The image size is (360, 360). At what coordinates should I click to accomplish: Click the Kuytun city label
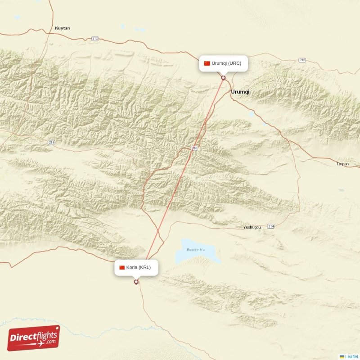tap(62, 28)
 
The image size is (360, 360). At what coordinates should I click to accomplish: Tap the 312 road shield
tap(94, 39)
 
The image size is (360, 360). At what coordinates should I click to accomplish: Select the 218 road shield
tap(51, 142)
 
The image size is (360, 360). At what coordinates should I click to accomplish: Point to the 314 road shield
tap(270, 226)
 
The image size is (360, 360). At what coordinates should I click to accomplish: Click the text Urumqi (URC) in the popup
tap(226, 63)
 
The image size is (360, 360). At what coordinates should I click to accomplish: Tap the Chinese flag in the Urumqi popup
tap(207, 63)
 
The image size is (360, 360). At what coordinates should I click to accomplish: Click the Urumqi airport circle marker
tap(223, 78)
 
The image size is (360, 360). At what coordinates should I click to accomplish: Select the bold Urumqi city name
tap(240, 92)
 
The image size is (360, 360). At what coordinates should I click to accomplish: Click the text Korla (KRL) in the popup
tap(142, 268)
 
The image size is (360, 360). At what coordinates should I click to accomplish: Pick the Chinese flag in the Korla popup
tap(122, 268)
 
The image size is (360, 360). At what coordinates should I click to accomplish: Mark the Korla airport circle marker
tap(136, 282)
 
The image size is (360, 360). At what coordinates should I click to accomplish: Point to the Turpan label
tap(342, 164)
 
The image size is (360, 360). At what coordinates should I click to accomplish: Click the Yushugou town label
tap(252, 227)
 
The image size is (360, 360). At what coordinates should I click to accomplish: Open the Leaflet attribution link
tap(351, 356)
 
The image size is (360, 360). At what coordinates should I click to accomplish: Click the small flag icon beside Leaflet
tap(342, 356)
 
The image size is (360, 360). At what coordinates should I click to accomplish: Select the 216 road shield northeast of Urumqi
tap(302, 60)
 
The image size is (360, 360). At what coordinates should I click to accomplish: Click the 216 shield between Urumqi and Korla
tap(194, 148)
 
